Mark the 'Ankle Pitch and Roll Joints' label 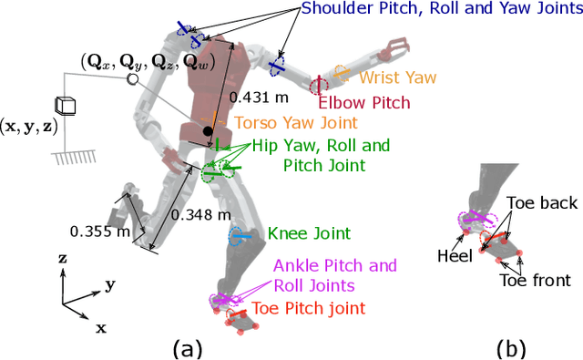click(x=335, y=274)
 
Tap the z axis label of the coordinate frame click(x=62, y=259)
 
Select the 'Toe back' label click(x=538, y=205)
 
